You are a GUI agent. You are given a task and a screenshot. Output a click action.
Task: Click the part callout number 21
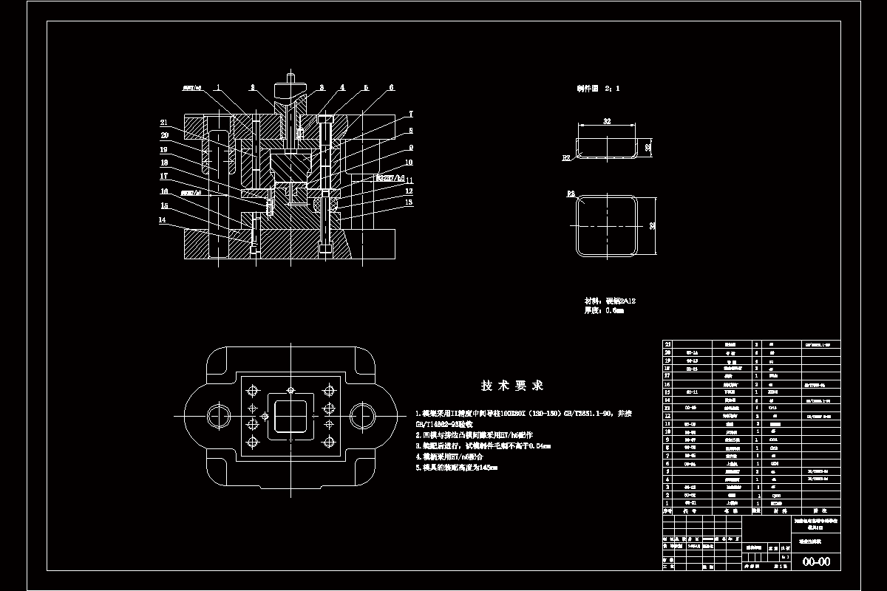coord(165,122)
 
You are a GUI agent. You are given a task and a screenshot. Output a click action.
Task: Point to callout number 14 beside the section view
coord(163,219)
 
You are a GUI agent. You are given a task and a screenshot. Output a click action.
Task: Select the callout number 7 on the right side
coord(411,114)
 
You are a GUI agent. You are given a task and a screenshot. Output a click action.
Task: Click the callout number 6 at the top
coord(391,87)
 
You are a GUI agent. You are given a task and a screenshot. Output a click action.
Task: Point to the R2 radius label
coord(566,157)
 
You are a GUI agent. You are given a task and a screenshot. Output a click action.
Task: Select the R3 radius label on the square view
coord(571,194)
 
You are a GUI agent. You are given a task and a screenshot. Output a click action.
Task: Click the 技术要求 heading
coord(512,386)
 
